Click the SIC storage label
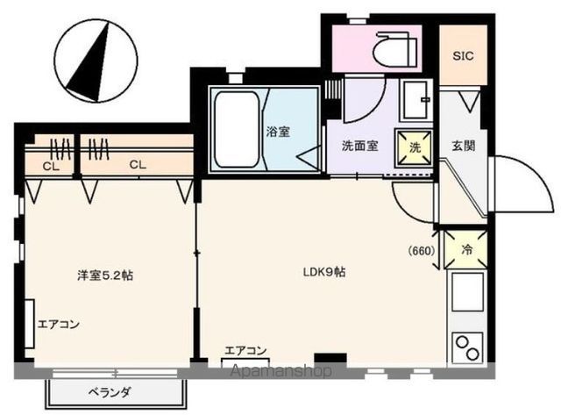[x=463, y=55]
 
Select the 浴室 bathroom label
[x=279, y=132]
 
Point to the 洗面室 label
[x=359, y=146]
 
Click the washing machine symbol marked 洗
[x=414, y=147]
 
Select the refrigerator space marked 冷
[x=466, y=249]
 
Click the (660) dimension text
[x=422, y=250]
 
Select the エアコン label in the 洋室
[x=59, y=325]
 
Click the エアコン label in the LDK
[x=245, y=348]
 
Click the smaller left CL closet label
[x=48, y=165]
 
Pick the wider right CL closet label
[x=138, y=164]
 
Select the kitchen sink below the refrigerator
[x=465, y=294]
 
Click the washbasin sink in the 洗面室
[x=415, y=100]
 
